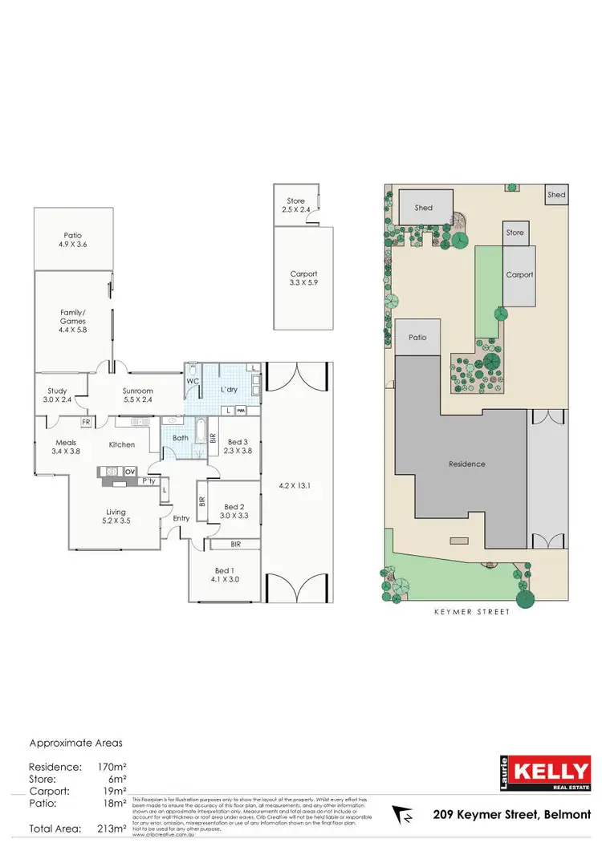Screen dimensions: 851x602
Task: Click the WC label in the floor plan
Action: tap(192, 382)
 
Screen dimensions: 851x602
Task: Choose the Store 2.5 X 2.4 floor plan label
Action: tap(296, 205)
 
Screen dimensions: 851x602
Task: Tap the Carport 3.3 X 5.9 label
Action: tap(303, 278)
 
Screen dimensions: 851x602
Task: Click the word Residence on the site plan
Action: tap(467, 464)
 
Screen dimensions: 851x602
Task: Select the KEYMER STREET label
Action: tap(473, 612)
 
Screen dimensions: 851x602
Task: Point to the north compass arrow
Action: tap(404, 816)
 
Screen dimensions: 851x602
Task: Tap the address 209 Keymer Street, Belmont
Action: tap(509, 815)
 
